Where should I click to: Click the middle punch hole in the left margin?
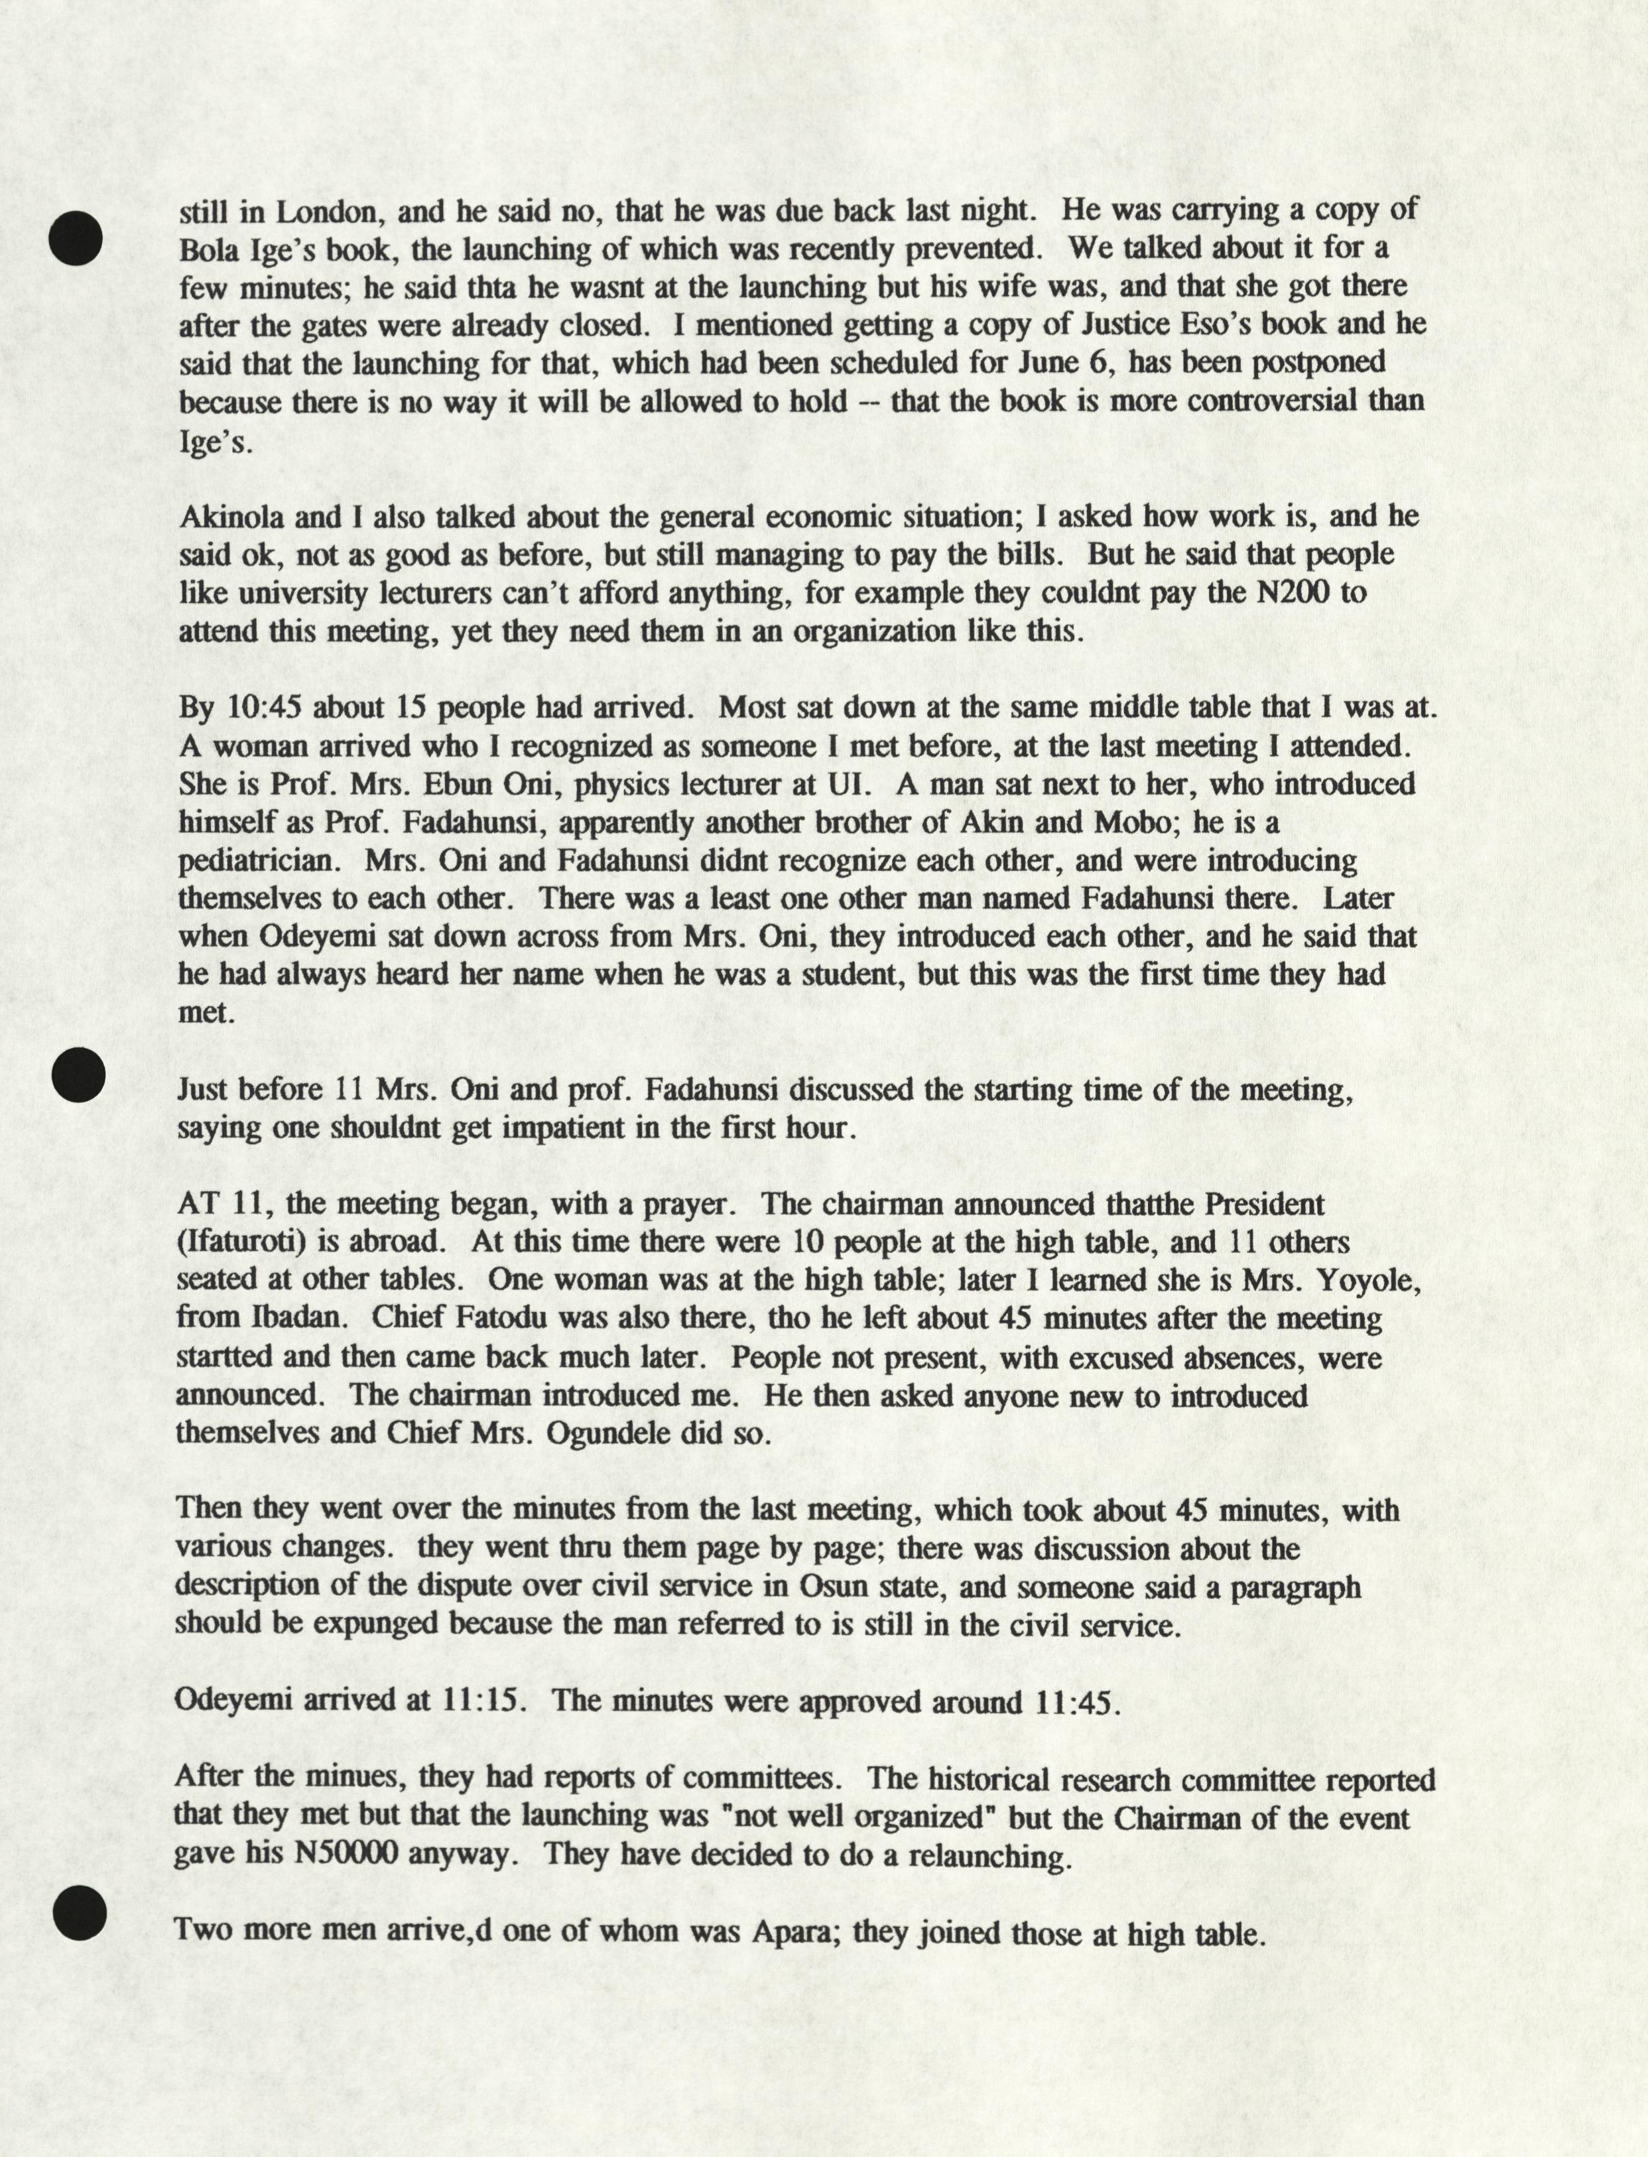click(x=78, y=1072)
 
